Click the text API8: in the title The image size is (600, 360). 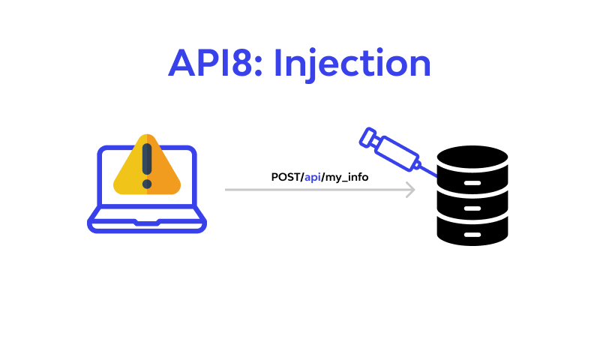tap(215, 63)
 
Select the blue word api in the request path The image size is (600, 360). tap(312, 178)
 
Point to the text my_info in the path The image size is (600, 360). tap(346, 178)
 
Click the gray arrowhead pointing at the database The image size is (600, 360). tap(410, 190)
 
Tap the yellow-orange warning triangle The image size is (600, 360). tap(147, 164)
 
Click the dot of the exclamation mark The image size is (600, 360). tap(147, 184)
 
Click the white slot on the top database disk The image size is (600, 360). tap(472, 183)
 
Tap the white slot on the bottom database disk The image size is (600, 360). tap(472, 235)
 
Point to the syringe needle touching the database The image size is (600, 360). tap(428, 172)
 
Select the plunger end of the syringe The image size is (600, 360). tap(367, 137)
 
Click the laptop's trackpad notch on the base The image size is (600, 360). tap(147, 222)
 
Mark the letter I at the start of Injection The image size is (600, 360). tap(278, 63)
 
